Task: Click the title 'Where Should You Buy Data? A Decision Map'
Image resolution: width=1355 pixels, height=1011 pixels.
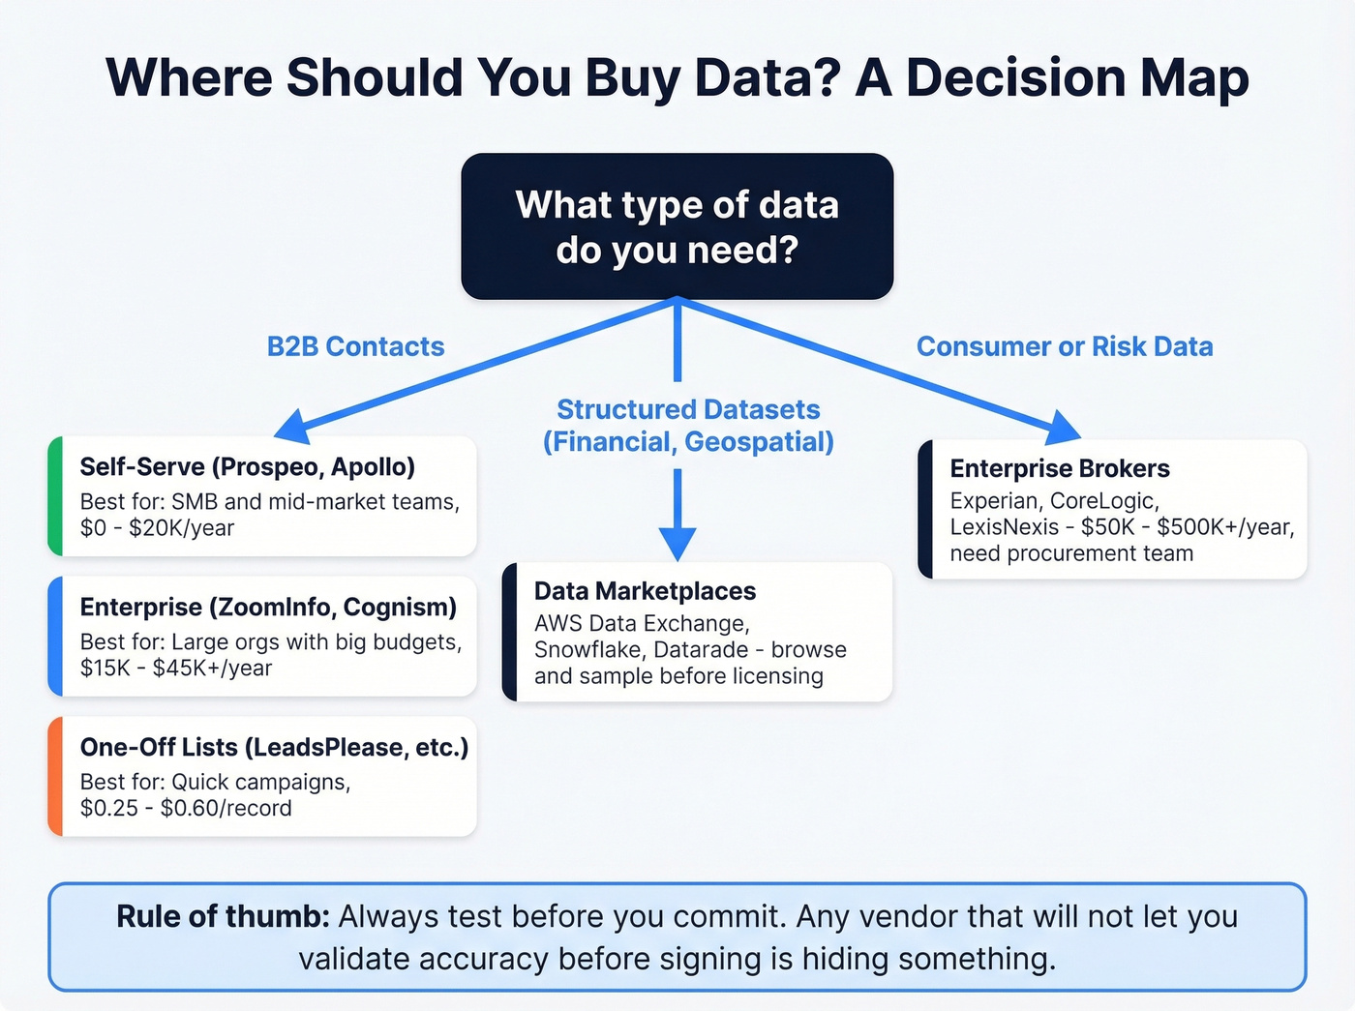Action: tap(677, 77)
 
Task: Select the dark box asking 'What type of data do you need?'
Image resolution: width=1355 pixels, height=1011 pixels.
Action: tap(677, 226)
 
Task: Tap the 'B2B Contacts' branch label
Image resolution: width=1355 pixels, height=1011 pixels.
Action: tap(355, 346)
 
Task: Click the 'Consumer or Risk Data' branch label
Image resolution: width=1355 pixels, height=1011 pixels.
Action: tap(1065, 346)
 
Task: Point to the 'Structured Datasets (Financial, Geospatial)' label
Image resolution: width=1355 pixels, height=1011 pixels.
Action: tap(688, 426)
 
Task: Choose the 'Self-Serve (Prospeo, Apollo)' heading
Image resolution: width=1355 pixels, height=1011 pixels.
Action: tap(247, 466)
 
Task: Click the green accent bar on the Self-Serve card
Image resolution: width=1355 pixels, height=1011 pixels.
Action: tap(55, 496)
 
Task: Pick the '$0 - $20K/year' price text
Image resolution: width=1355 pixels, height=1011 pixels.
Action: tap(157, 528)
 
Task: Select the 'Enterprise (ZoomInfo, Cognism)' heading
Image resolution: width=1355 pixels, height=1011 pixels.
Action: tap(268, 607)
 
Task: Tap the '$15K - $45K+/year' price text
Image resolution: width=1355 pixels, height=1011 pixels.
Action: tap(176, 669)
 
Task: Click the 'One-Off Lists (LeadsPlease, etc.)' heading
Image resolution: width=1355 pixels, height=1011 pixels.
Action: tap(274, 747)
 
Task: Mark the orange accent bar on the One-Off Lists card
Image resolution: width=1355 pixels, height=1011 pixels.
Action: tap(55, 776)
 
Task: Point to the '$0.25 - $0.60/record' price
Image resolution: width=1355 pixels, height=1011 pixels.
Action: tap(186, 808)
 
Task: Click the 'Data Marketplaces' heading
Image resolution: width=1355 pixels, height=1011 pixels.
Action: tap(645, 591)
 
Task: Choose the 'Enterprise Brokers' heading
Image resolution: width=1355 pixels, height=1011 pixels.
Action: tap(1060, 468)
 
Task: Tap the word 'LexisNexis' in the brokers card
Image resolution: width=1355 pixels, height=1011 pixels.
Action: tap(1005, 527)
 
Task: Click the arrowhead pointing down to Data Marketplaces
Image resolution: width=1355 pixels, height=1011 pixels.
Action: tap(677, 544)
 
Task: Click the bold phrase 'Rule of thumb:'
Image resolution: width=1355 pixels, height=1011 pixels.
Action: tap(223, 916)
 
